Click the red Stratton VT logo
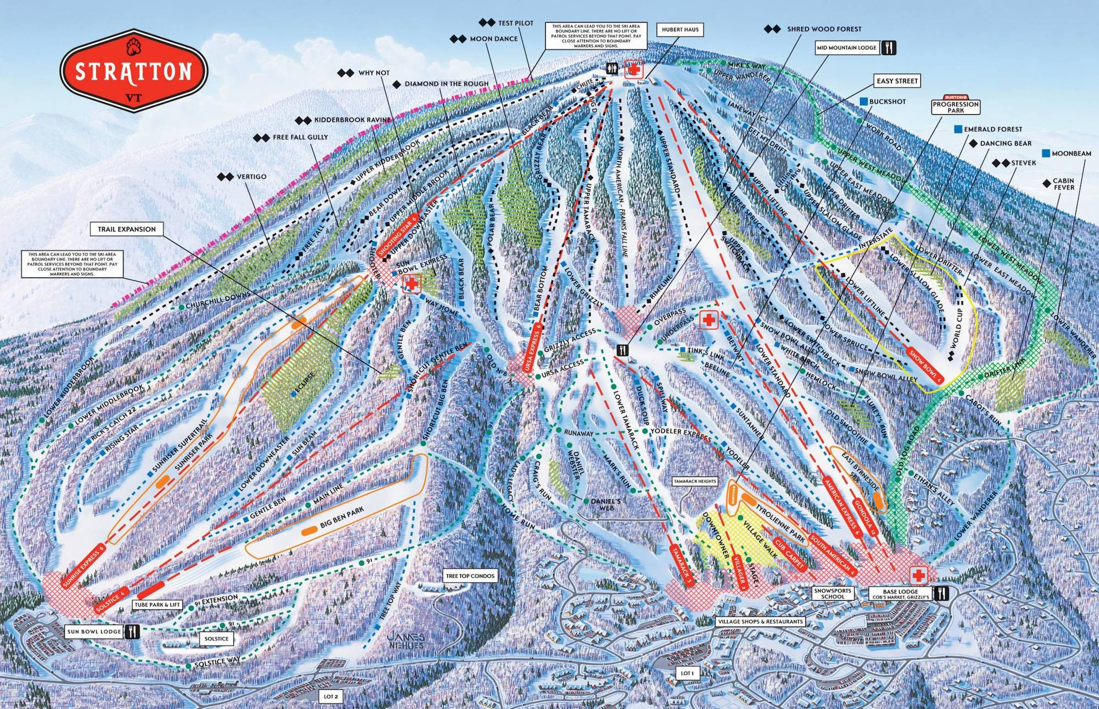(134, 71)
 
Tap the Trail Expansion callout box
(127, 229)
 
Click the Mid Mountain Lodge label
(846, 48)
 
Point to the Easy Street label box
(897, 81)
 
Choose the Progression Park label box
(956, 106)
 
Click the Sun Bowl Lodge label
(94, 632)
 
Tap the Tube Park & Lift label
(158, 605)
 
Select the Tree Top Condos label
(470, 576)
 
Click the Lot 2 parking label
(330, 696)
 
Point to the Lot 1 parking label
(687, 673)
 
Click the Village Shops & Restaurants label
(761, 622)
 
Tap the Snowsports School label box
(833, 594)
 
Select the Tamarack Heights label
(695, 481)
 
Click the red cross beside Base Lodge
(917, 577)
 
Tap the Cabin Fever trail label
(1063, 184)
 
